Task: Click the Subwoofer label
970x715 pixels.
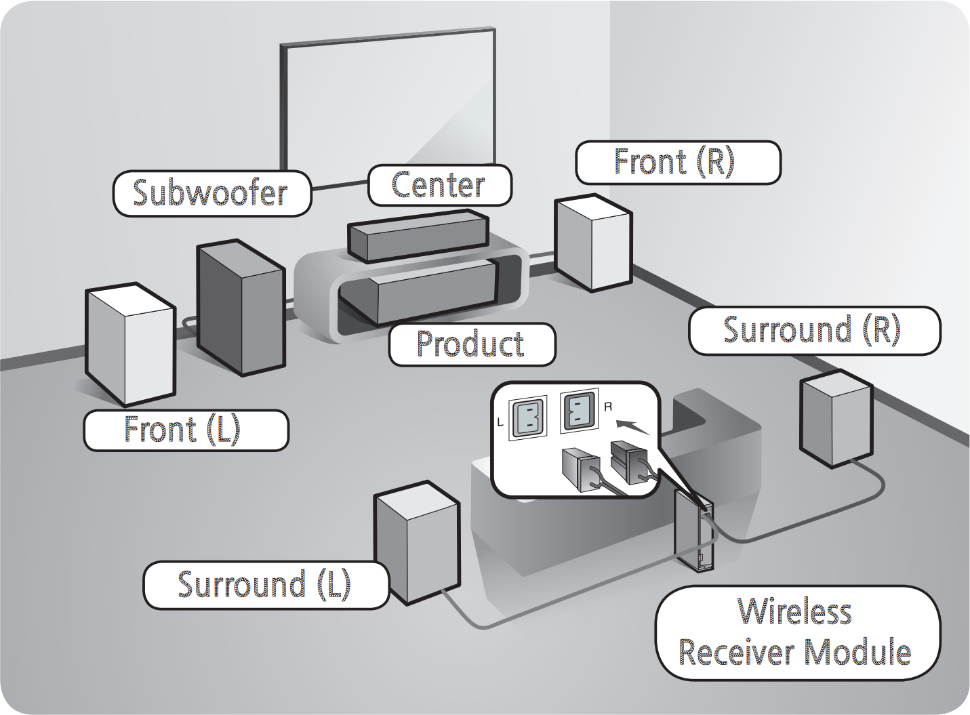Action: click(x=211, y=193)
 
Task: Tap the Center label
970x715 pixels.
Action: click(x=439, y=185)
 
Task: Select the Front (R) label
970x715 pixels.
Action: click(x=678, y=163)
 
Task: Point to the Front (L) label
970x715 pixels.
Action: click(x=186, y=430)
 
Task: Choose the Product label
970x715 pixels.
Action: click(x=472, y=344)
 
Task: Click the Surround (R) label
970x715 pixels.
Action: click(x=814, y=331)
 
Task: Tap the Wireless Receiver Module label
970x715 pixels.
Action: click(x=797, y=632)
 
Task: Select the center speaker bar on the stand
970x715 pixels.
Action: click(x=418, y=236)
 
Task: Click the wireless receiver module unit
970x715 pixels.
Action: click(x=693, y=531)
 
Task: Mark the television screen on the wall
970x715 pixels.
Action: click(x=387, y=108)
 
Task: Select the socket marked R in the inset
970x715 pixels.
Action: click(x=578, y=412)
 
